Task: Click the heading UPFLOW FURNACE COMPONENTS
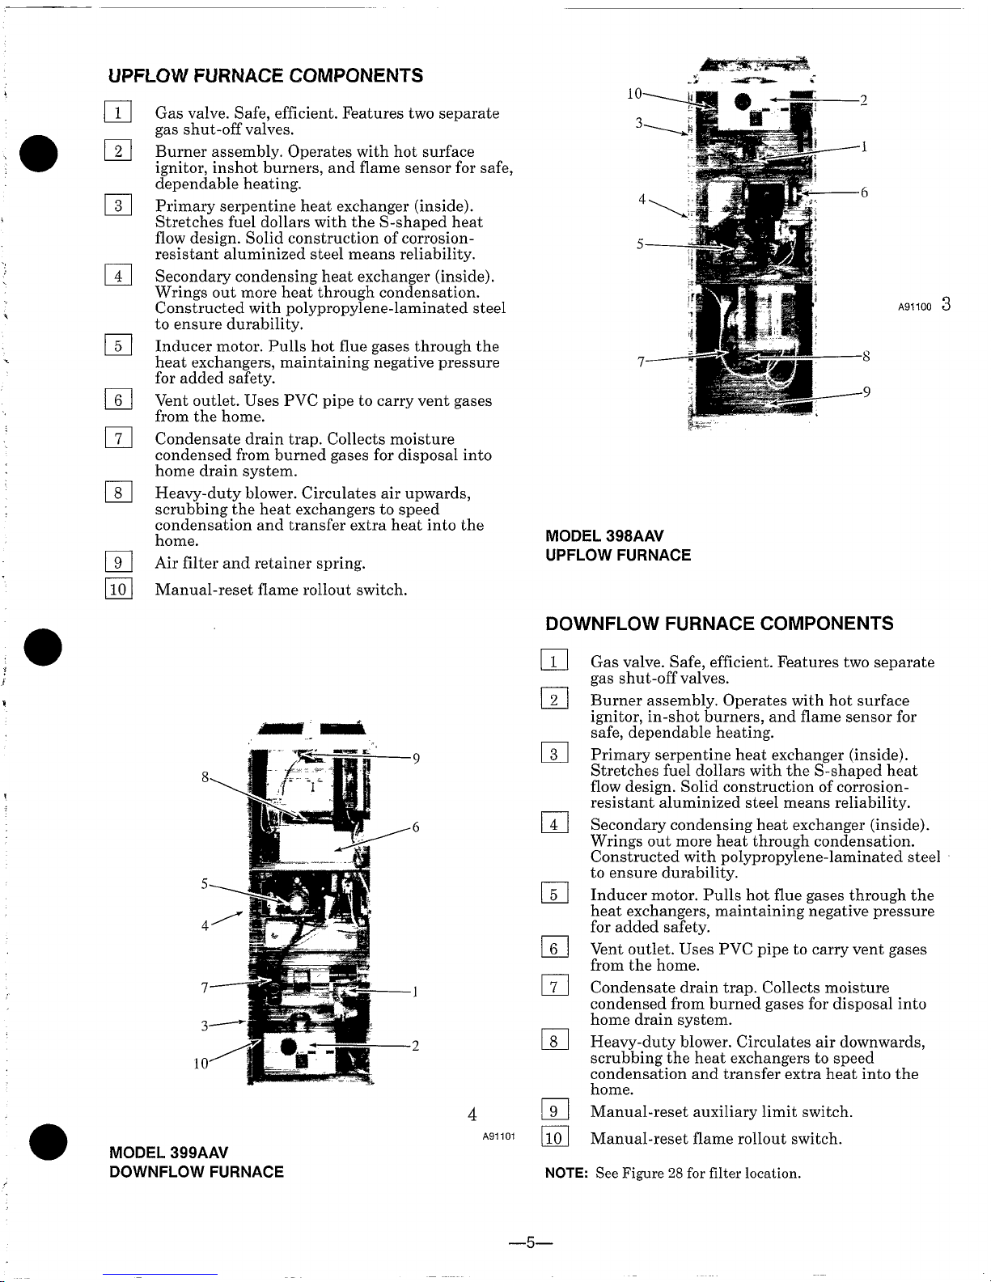click(x=265, y=76)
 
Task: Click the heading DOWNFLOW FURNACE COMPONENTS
click(x=719, y=624)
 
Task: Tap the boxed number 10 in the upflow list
click(x=118, y=590)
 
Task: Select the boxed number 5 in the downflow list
click(x=554, y=895)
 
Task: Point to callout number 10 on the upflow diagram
click(x=634, y=94)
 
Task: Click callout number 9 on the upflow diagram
click(x=866, y=392)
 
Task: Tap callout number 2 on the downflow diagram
click(x=415, y=1045)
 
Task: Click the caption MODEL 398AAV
click(x=605, y=536)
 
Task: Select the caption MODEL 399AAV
click(x=168, y=1152)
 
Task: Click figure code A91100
click(x=915, y=307)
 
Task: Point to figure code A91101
click(x=499, y=1136)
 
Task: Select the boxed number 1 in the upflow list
click(x=118, y=113)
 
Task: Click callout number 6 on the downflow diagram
click(x=415, y=827)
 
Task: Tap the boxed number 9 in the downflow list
click(x=554, y=1112)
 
